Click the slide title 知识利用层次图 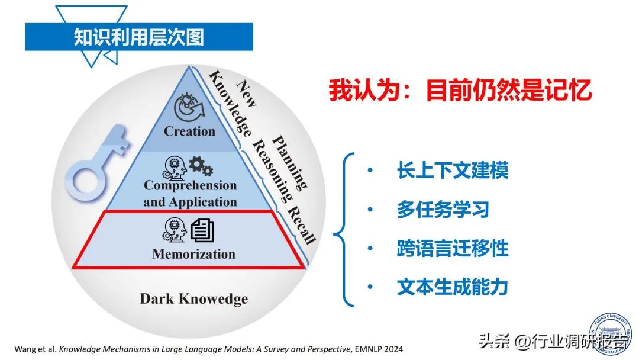tap(138, 37)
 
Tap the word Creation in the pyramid tap(189, 131)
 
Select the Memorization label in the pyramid tap(193, 254)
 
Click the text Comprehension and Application tap(189, 193)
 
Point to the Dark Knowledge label tap(193, 298)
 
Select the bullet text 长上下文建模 tap(453, 171)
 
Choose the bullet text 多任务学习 tap(443, 210)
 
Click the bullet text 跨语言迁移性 tap(453, 249)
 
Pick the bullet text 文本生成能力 tap(453, 288)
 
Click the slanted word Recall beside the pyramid tap(301, 226)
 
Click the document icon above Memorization tap(202, 230)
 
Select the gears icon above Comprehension tap(201, 167)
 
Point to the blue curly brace tap(344, 230)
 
